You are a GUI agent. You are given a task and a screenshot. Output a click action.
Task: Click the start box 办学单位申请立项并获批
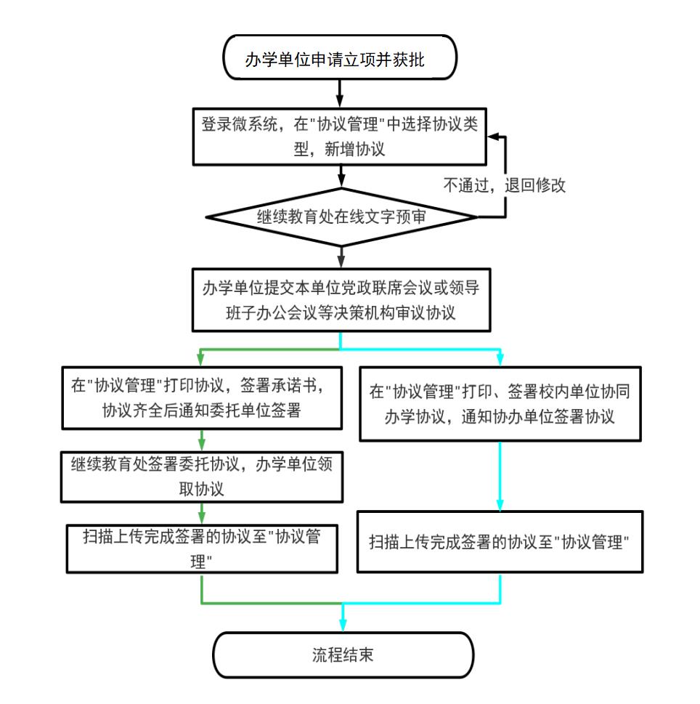pos(340,57)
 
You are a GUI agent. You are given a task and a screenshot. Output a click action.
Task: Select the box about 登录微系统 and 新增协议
pos(340,137)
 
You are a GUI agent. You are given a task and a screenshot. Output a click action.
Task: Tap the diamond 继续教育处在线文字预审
pos(341,217)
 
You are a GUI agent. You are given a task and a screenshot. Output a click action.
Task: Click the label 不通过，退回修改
pos(505,185)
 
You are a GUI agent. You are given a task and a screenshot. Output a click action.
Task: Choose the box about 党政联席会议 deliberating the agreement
pos(341,300)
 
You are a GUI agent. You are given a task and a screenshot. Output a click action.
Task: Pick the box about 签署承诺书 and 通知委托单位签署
pos(202,398)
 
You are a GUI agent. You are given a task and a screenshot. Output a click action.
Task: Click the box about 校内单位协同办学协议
pos(500,404)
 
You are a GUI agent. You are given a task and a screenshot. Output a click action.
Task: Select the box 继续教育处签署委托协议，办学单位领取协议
pos(202,477)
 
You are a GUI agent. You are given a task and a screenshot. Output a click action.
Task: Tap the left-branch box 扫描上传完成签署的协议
pos(202,549)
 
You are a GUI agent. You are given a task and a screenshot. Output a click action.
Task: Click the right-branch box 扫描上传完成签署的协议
pos(500,542)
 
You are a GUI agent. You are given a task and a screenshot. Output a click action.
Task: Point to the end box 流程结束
pos(343,655)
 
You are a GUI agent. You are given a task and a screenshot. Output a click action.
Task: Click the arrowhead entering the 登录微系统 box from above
pos(340,102)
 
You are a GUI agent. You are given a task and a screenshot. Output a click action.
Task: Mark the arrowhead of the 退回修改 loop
pos(494,137)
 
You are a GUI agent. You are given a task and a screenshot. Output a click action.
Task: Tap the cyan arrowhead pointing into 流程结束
pos(343,626)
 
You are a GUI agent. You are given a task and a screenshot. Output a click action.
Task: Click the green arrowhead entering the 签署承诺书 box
pos(200,360)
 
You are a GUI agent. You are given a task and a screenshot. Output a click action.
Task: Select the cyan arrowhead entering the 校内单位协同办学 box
pos(500,360)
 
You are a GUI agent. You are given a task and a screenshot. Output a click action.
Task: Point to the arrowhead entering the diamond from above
pos(341,182)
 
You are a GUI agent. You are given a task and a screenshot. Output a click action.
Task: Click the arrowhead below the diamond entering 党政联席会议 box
pos(341,262)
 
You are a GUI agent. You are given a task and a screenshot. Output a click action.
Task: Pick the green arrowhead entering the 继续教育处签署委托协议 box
pos(202,445)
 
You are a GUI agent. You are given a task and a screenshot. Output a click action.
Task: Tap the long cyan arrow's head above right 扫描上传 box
pos(500,504)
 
